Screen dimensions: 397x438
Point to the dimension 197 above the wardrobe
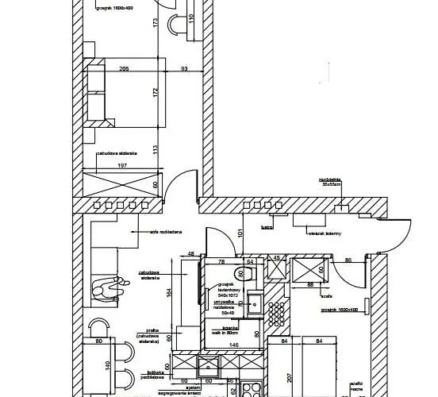click(122, 166)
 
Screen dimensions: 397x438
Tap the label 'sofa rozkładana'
click(166, 232)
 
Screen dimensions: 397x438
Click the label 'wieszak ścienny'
click(325, 233)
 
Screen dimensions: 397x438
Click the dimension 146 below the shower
click(235, 346)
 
